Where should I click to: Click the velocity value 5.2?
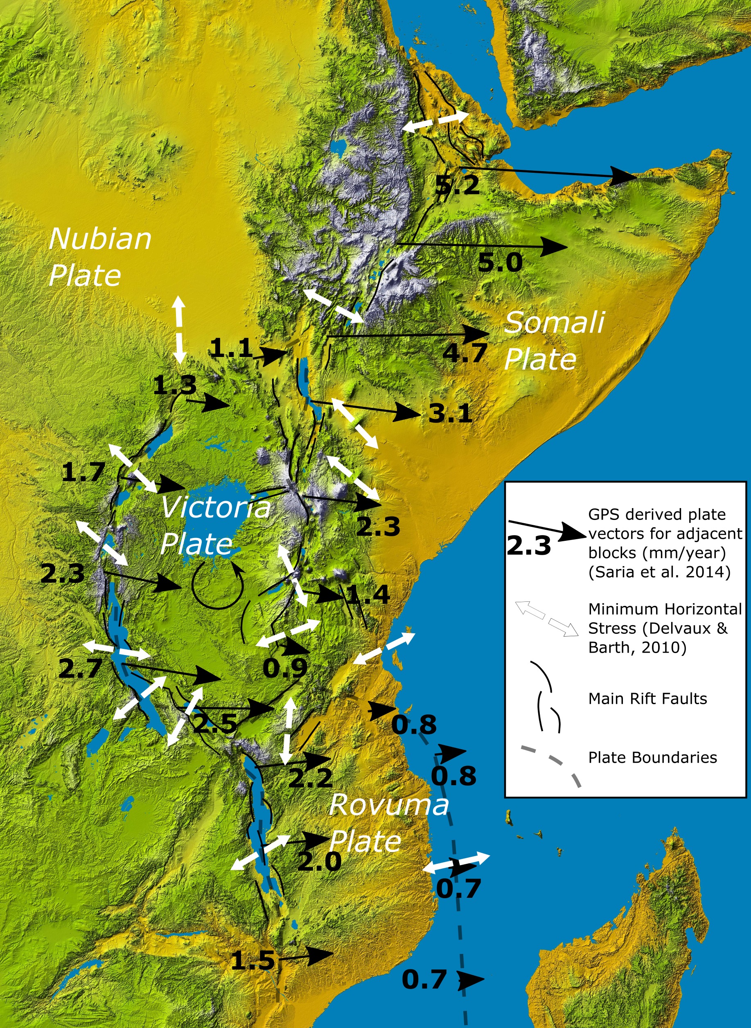(x=457, y=185)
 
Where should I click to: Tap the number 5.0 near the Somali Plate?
(x=500, y=263)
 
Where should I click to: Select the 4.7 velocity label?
(x=465, y=352)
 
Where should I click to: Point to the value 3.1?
(x=450, y=414)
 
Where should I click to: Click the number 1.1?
(x=230, y=348)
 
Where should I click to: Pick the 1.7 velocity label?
(x=83, y=472)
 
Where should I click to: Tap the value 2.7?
(x=81, y=669)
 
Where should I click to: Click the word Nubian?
(x=100, y=238)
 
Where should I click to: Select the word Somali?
(x=554, y=322)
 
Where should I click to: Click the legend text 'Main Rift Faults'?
(x=647, y=698)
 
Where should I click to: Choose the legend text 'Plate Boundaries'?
(x=652, y=757)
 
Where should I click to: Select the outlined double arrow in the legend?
(x=546, y=619)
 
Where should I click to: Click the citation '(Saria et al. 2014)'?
(x=659, y=572)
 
